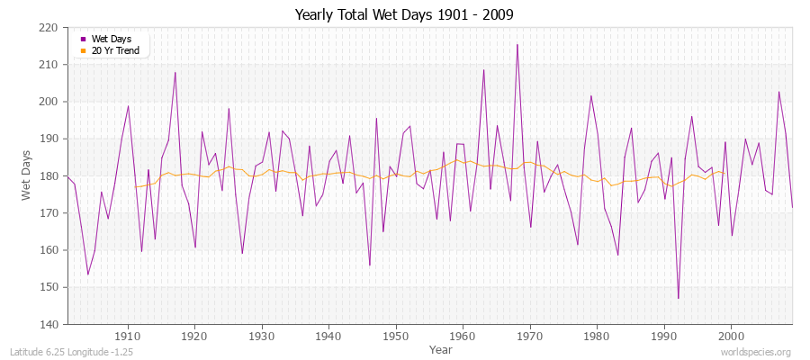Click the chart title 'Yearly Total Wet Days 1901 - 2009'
click(x=404, y=15)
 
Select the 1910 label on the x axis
click(x=128, y=335)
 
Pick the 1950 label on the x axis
click(x=395, y=335)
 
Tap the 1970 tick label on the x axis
click(x=529, y=335)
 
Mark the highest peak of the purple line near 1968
click(x=517, y=44)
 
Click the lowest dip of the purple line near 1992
click(x=678, y=298)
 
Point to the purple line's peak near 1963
click(x=483, y=69)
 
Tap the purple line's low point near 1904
click(x=87, y=274)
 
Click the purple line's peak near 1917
click(x=175, y=72)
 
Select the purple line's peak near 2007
click(x=778, y=91)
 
